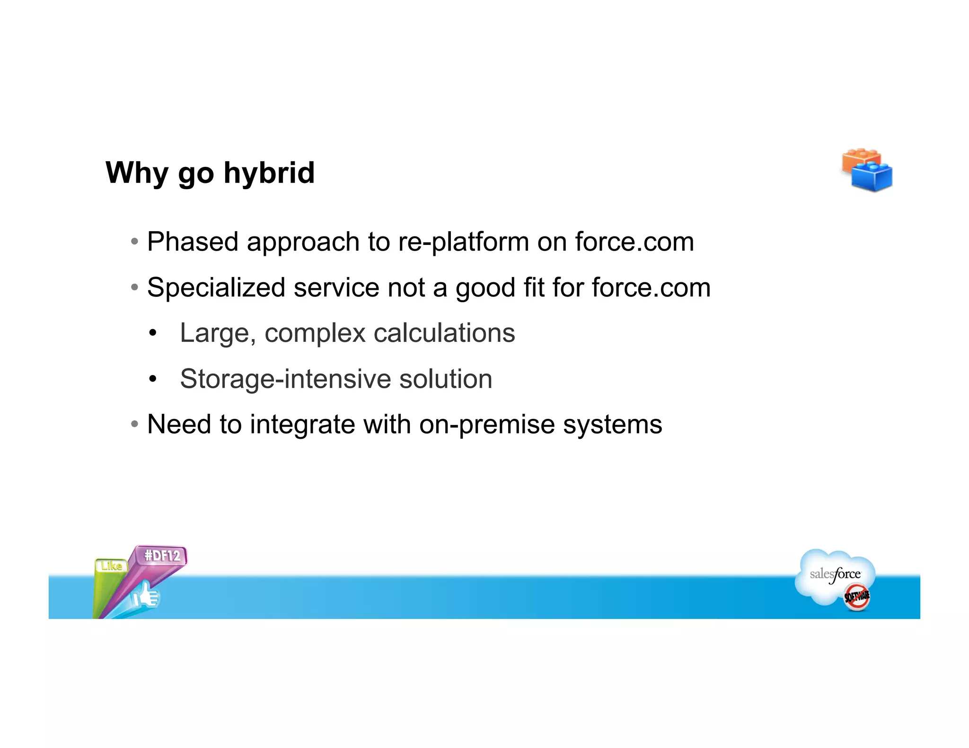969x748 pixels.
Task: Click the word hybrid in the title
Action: point(269,173)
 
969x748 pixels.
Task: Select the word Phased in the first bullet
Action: point(193,242)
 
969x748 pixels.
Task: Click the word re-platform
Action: point(463,242)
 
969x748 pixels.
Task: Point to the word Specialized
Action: point(216,287)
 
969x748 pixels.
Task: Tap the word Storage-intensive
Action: point(285,379)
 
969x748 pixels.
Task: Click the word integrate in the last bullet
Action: point(302,424)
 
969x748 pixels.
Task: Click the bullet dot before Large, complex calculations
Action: point(152,333)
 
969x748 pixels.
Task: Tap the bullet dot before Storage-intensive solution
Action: point(152,379)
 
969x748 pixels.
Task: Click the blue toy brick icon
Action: point(872,177)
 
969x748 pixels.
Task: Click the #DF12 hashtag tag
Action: point(162,556)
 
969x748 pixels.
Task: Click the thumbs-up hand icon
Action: point(147,596)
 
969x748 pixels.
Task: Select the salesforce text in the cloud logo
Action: point(835,574)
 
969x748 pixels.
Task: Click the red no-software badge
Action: point(857,597)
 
